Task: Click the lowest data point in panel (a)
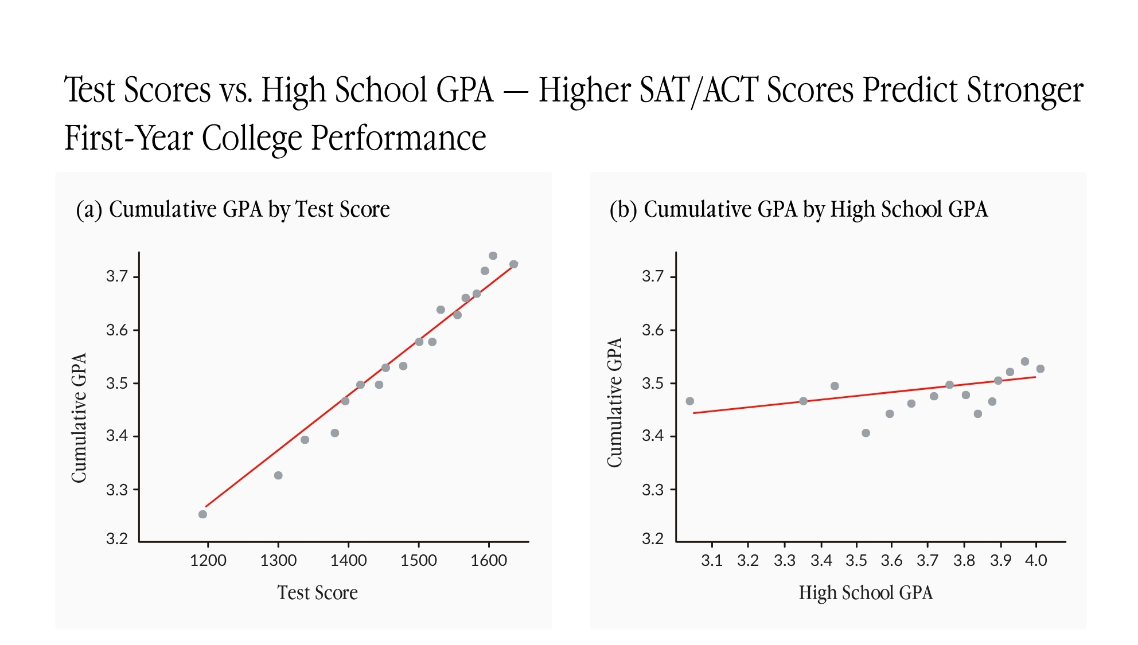[202, 514]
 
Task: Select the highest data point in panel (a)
[493, 256]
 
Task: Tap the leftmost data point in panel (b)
[690, 401]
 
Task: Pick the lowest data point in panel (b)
[866, 433]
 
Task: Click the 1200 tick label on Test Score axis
[208, 560]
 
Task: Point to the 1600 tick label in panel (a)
[489, 560]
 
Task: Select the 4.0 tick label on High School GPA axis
[1036, 560]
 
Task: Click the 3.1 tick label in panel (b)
[712, 560]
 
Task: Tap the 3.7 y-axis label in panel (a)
[117, 276]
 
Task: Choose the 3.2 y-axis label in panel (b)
[653, 539]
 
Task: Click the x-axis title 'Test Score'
[317, 592]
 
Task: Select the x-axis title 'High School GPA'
[866, 592]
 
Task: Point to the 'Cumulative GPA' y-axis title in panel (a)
[79, 417]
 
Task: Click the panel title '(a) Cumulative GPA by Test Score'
[233, 209]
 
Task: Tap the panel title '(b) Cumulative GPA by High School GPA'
[798, 209]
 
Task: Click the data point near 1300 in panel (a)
[278, 475]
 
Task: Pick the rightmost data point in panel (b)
[1040, 369]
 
